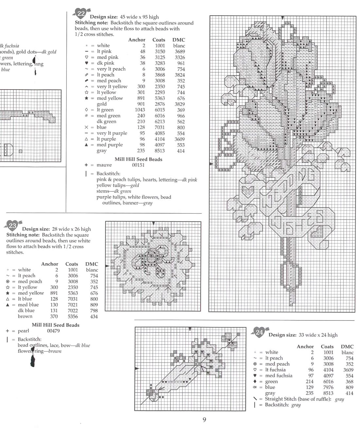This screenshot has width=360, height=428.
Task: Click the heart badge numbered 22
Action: point(81,13)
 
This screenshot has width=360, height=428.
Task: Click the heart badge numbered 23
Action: point(12,225)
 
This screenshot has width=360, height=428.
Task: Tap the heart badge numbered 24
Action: point(259,332)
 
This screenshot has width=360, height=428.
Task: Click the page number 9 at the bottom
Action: point(204,420)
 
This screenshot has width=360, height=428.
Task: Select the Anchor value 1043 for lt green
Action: point(140,110)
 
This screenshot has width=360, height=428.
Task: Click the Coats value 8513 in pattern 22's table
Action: point(160,151)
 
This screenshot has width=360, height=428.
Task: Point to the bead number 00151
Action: point(138,165)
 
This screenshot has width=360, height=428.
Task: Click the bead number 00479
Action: point(53,331)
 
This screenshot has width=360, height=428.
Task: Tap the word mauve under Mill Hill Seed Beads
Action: point(104,165)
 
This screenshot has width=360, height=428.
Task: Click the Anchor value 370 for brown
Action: point(54,317)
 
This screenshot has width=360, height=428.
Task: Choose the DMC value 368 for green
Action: point(349,382)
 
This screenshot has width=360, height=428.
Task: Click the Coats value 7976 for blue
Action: point(328,387)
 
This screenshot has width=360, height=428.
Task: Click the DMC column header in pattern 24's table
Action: point(347,347)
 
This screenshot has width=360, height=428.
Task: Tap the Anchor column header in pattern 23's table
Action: point(50,264)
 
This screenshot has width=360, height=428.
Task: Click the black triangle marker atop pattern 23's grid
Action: point(153,223)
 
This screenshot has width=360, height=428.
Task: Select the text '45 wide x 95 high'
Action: point(139,17)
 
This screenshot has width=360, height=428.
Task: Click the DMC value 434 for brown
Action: point(94,317)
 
